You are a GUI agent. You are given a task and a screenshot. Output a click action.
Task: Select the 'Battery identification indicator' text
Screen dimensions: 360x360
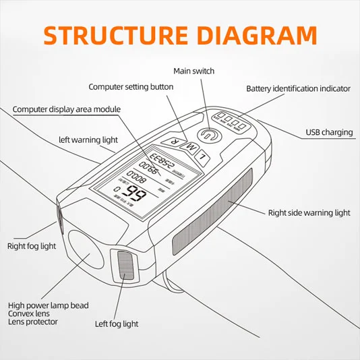point(298,88)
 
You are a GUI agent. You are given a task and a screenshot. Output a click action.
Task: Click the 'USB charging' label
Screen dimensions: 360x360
point(329,132)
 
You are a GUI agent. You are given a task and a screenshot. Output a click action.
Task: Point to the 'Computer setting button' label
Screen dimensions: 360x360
point(131,86)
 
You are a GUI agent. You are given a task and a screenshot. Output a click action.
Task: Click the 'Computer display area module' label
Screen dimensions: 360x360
point(66,109)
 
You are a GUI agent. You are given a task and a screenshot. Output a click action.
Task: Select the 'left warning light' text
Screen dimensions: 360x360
point(88,140)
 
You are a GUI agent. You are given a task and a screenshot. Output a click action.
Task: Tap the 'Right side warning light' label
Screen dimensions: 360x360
point(309,213)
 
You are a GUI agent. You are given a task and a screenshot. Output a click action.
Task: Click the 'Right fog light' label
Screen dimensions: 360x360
point(32,246)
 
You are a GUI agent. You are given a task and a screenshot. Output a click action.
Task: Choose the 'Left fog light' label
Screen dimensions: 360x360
point(117,324)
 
